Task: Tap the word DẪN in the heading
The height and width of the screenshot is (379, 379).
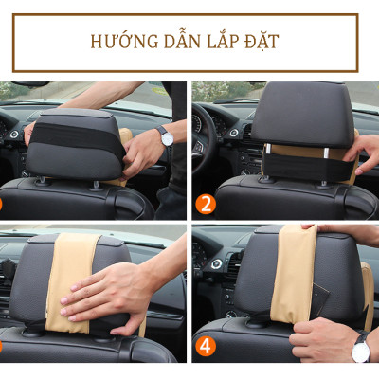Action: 182,42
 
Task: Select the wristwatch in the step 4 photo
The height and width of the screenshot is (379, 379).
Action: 360,351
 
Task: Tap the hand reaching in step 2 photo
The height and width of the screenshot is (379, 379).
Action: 366,152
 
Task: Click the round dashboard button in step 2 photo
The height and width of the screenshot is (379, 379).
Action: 233,132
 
